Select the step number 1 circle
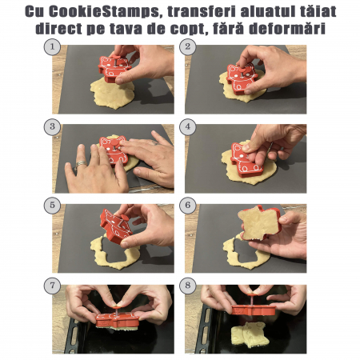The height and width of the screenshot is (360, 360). (x=52, y=47)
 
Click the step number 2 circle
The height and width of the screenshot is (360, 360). (x=188, y=47)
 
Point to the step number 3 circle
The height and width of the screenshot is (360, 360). (x=52, y=126)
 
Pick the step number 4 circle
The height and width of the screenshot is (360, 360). (x=188, y=126)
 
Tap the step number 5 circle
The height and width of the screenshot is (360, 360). (x=52, y=206)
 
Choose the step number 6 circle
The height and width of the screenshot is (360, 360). (x=188, y=206)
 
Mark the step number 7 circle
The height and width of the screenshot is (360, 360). (x=52, y=286)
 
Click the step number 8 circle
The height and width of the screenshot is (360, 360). (x=188, y=286)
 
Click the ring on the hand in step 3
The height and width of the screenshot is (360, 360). (x=80, y=164)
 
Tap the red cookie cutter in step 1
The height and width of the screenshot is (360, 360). (x=114, y=69)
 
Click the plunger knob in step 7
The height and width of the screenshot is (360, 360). (x=116, y=304)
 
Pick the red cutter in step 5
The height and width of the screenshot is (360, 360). (x=116, y=226)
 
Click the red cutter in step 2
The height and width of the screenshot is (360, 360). (x=241, y=78)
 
